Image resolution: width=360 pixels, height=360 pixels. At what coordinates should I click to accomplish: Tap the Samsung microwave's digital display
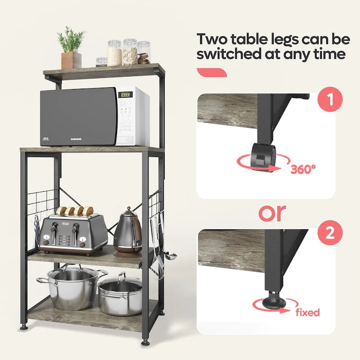coord(126,95)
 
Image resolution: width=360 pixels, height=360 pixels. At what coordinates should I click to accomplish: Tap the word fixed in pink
coord(307,312)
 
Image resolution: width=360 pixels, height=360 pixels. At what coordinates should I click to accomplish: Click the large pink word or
coord(272,212)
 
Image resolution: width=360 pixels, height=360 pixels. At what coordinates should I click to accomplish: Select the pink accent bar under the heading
coord(211,72)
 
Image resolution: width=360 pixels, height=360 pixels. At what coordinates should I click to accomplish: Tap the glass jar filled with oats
coord(130,53)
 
